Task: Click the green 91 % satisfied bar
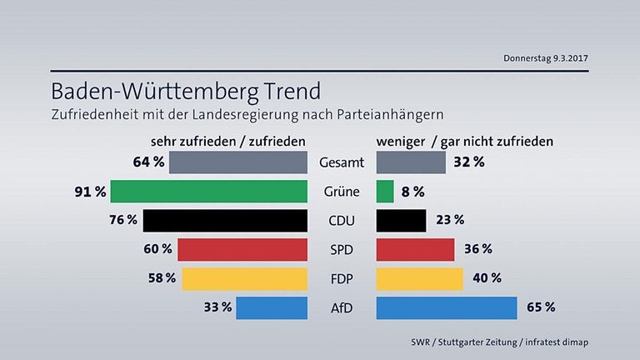coord(208,191)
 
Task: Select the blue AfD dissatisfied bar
coord(447,307)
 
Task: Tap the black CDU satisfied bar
coord(225,220)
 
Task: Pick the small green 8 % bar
coord(385,191)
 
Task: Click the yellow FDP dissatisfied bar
coord(419,278)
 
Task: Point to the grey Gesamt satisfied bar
coord(237,162)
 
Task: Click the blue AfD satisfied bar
coord(272,307)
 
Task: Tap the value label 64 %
coord(147,162)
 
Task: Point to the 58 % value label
coord(160,278)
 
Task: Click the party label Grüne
coord(341,192)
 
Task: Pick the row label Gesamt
coord(341,162)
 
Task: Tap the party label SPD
coord(341,249)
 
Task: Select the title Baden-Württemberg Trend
coord(185,89)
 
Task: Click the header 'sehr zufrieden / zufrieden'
coord(227,141)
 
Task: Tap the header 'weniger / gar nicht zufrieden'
coord(465,141)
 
